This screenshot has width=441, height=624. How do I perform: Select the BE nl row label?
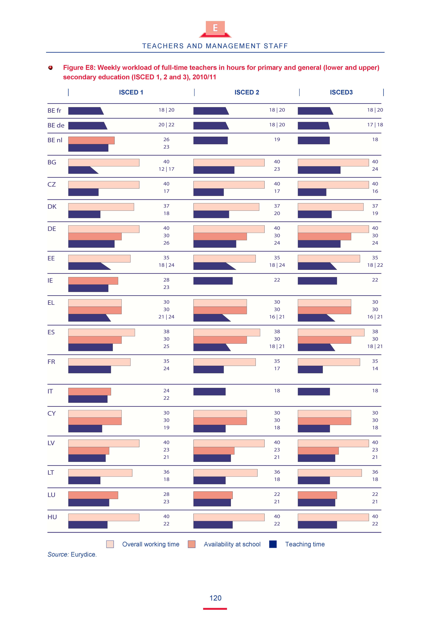[55, 140]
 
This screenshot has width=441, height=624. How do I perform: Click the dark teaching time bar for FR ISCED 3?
[310, 369]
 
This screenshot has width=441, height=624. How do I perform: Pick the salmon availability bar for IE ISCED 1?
[93, 281]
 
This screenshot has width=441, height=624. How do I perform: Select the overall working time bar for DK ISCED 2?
[226, 207]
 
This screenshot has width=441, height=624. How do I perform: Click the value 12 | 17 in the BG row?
[166, 169]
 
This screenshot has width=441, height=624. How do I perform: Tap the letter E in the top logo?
[215, 28]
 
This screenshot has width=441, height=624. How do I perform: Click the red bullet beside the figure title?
[51, 68]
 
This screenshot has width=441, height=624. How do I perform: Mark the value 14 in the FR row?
[375, 369]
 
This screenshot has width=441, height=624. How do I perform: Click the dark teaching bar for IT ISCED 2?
[209, 392]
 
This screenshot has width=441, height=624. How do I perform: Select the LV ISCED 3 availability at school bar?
[318, 451]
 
